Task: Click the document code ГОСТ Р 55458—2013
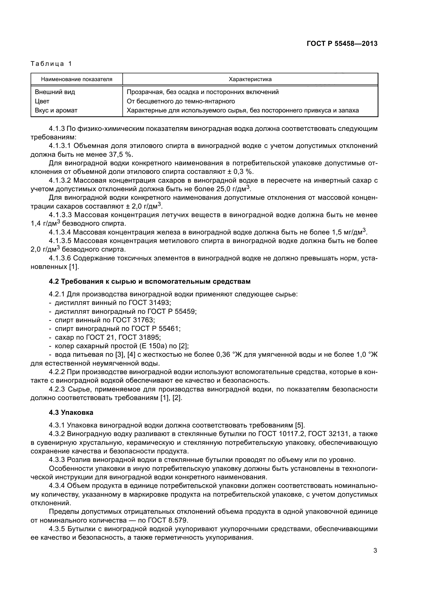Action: click(342, 44)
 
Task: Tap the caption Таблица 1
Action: click(51, 64)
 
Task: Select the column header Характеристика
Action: click(250, 79)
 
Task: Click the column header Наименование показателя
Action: click(77, 79)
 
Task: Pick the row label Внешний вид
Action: click(55, 92)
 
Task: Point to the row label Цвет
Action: click(42, 101)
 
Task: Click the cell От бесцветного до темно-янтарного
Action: click(181, 101)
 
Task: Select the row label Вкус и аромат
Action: click(56, 110)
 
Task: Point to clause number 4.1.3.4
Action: click(60, 232)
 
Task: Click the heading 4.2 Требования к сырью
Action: click(149, 281)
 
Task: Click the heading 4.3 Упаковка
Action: click(71, 412)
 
